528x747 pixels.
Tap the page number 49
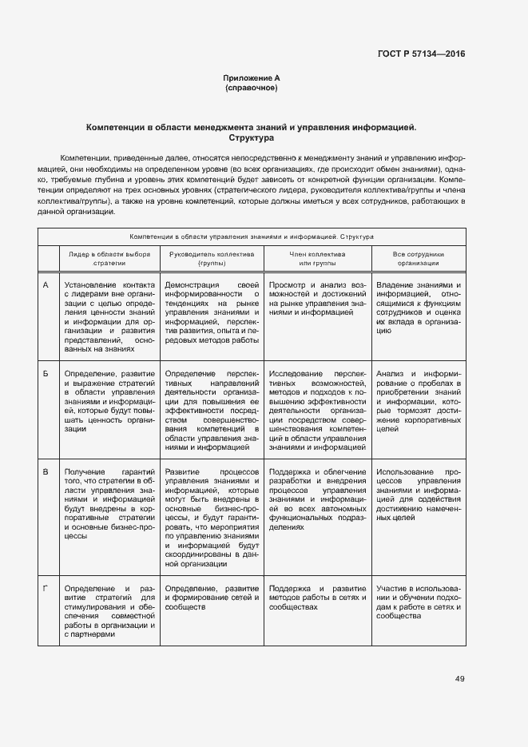tap(459, 679)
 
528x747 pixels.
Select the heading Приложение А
tap(252, 77)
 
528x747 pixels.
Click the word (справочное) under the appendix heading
tap(252, 87)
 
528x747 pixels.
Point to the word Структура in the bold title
tap(252, 137)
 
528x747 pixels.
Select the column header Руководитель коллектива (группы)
tap(212, 257)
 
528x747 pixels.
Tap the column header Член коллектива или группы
tap(317, 257)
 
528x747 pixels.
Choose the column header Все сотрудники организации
tap(418, 257)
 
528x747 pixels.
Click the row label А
tap(46, 285)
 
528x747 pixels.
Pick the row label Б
tap(46, 373)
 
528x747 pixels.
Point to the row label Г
tap(46, 589)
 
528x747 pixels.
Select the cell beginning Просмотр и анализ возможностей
tap(317, 299)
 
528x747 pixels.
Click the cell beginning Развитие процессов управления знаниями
tap(212, 517)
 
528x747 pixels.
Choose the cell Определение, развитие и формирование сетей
tap(212, 598)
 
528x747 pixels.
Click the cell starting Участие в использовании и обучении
tap(418, 602)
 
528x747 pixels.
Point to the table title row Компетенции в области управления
tap(252, 236)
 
